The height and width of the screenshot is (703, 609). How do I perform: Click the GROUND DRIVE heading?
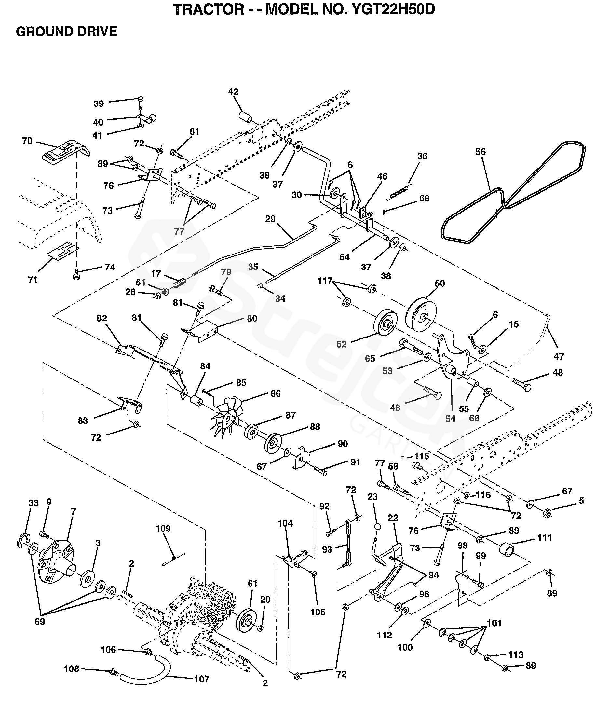[x=66, y=32]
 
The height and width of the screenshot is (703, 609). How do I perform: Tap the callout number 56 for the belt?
[x=480, y=152]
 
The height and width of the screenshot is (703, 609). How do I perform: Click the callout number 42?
[x=233, y=92]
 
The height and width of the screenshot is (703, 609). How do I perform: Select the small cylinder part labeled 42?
[x=246, y=118]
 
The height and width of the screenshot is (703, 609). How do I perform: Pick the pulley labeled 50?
[x=422, y=315]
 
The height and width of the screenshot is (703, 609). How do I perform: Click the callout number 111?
[x=545, y=538]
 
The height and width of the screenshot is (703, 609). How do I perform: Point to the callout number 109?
[x=163, y=528]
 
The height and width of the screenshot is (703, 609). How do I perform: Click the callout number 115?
[x=422, y=456]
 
